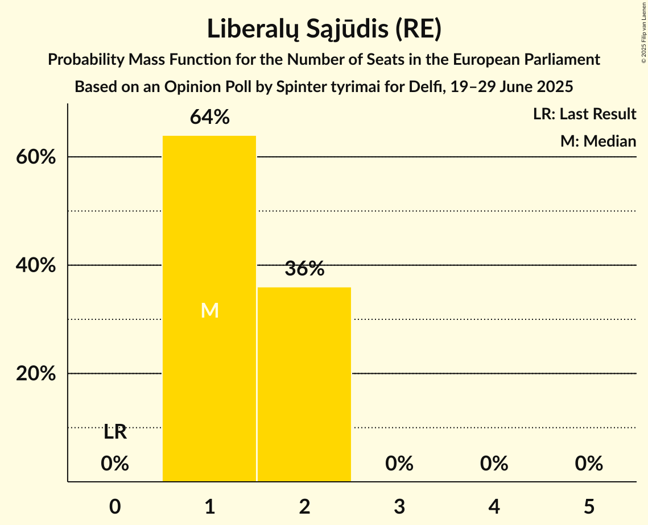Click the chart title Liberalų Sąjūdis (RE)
point(324,30)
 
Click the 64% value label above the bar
point(209,117)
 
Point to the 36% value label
point(304,269)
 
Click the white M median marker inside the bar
point(209,310)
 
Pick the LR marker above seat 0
point(115,432)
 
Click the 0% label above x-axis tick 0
point(115,464)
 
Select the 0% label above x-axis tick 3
point(399,464)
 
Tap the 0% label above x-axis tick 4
point(494,464)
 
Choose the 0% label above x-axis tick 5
point(589,464)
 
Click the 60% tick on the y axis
point(36,157)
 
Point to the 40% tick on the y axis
point(36,265)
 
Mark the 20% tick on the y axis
point(36,374)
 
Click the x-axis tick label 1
point(209,506)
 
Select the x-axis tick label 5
point(589,506)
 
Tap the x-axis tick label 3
point(399,506)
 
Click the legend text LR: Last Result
point(584,114)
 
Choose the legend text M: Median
point(598,141)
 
